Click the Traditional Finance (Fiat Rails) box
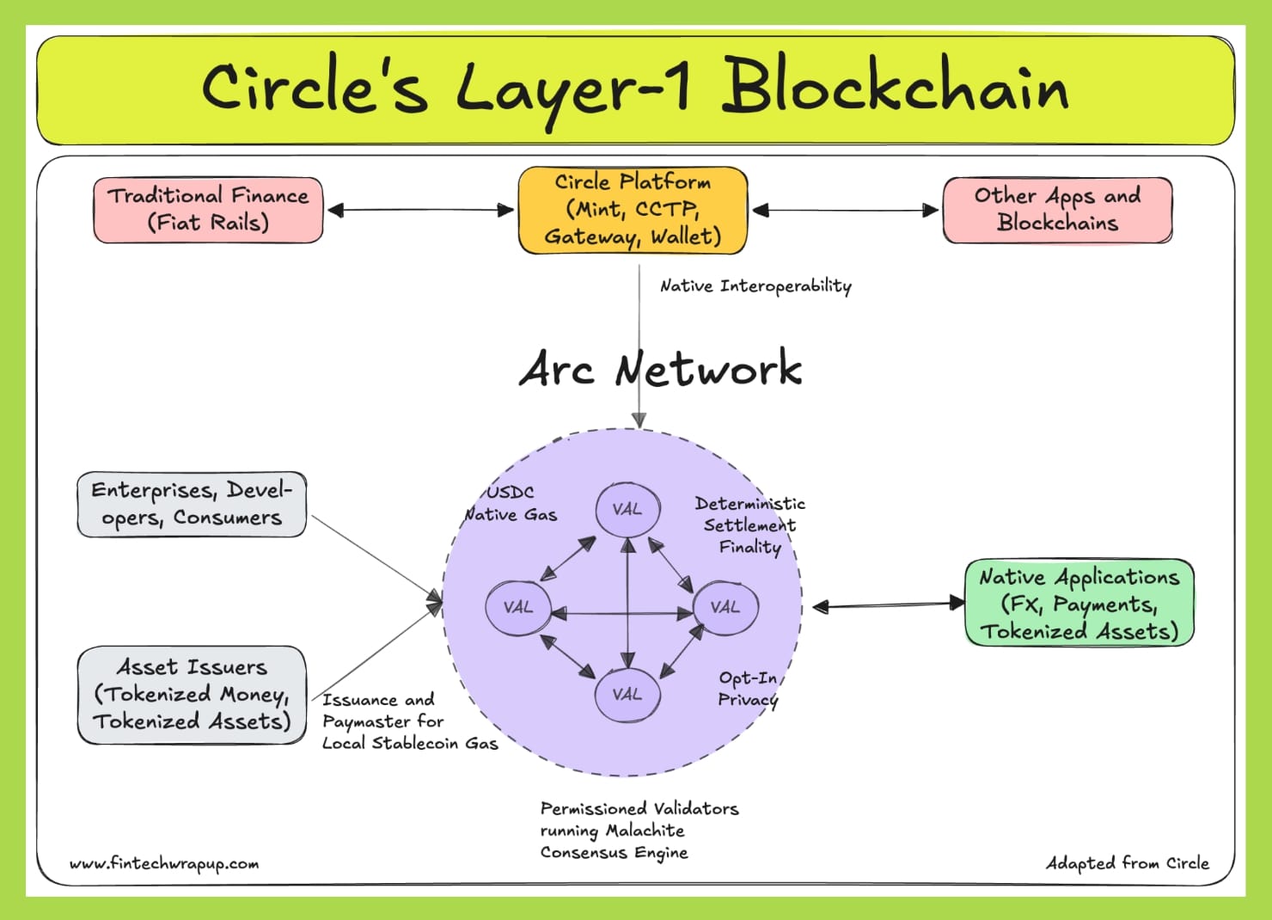(x=208, y=210)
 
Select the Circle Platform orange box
(x=633, y=210)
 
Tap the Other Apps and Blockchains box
(x=1057, y=210)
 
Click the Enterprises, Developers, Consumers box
(x=192, y=505)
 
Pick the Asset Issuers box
(x=192, y=695)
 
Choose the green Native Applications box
(x=1079, y=604)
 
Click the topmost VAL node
(x=628, y=509)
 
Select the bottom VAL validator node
(x=628, y=694)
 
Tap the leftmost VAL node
(x=518, y=607)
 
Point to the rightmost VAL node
(x=725, y=607)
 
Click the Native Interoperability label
(x=755, y=286)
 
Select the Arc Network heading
(x=660, y=369)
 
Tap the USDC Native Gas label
(x=511, y=504)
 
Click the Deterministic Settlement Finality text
(x=750, y=525)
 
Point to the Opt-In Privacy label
(x=748, y=689)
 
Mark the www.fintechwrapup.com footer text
(x=164, y=863)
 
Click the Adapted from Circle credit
(x=1127, y=862)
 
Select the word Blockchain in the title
(x=894, y=87)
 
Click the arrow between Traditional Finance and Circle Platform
(x=420, y=210)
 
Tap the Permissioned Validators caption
(x=639, y=831)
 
